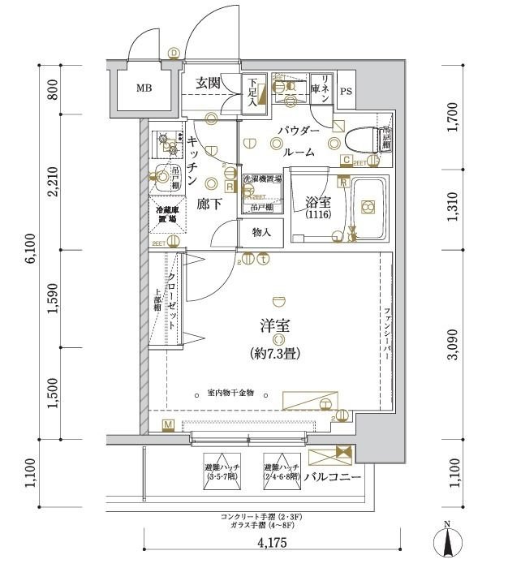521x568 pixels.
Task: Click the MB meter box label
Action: [143, 88]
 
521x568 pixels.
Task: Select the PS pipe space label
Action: [347, 91]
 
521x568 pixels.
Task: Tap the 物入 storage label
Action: [260, 233]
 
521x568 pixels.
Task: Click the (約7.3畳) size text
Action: [279, 353]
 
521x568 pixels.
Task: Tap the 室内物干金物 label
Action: [230, 393]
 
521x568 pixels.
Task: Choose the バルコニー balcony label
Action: [333, 475]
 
